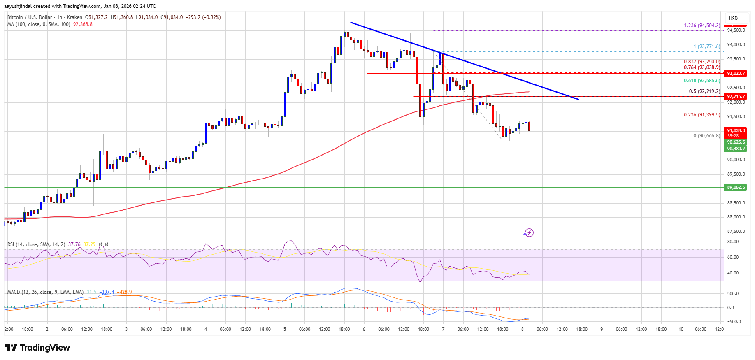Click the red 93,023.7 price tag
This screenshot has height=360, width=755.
point(736,73)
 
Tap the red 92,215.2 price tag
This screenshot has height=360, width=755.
point(736,96)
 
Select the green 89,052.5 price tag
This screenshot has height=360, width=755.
point(736,187)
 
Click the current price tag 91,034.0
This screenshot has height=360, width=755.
point(736,130)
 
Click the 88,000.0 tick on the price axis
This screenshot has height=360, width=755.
point(736,217)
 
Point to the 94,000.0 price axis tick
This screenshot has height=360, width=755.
point(736,44)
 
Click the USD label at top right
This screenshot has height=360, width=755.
point(733,19)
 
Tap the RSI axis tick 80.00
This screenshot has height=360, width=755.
point(733,242)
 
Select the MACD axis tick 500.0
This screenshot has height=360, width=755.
point(733,293)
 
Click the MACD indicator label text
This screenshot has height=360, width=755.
point(45,292)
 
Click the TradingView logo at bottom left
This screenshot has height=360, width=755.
point(37,348)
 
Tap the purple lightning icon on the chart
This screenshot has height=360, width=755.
point(529,233)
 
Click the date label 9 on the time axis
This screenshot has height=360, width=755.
point(602,329)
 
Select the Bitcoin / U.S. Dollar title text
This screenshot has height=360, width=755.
point(30,17)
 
